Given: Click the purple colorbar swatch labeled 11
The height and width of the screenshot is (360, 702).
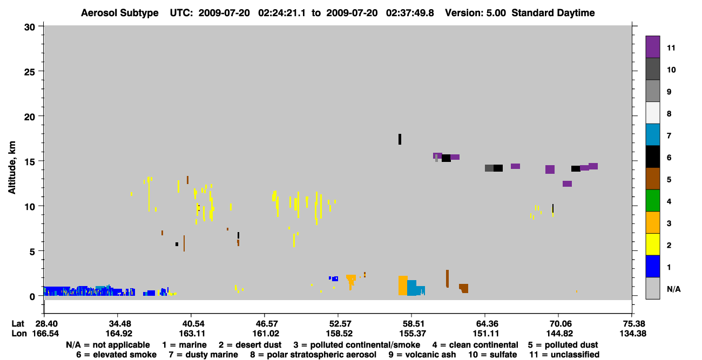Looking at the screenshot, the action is point(652,46).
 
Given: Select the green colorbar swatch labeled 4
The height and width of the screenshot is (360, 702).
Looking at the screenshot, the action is point(652,201).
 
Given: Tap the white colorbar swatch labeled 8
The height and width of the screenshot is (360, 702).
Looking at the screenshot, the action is point(652,113).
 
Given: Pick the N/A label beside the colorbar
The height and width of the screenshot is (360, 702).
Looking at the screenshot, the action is point(673,289).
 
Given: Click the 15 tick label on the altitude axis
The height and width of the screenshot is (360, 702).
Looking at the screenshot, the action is point(30,162).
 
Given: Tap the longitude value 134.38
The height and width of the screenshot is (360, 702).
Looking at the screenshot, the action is point(633,334).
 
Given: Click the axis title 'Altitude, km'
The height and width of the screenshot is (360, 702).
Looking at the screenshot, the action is point(11,168).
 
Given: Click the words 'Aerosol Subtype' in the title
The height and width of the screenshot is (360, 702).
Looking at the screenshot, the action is point(120,13).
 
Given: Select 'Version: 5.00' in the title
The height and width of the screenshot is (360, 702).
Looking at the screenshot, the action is point(475,13).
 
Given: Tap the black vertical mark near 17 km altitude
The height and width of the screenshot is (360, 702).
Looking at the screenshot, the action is point(400,139).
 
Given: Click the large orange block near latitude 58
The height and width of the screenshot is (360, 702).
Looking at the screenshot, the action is point(403,286).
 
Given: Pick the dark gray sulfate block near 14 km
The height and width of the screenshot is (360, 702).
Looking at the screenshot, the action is point(489,168).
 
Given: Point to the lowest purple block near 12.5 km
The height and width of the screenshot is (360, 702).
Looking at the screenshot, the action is point(567,184).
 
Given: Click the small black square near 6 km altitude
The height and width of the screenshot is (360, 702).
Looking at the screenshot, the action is point(177,244).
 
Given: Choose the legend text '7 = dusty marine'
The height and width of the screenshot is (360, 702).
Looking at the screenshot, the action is point(204,355).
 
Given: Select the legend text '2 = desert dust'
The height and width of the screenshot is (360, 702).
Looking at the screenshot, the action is point(250,345).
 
